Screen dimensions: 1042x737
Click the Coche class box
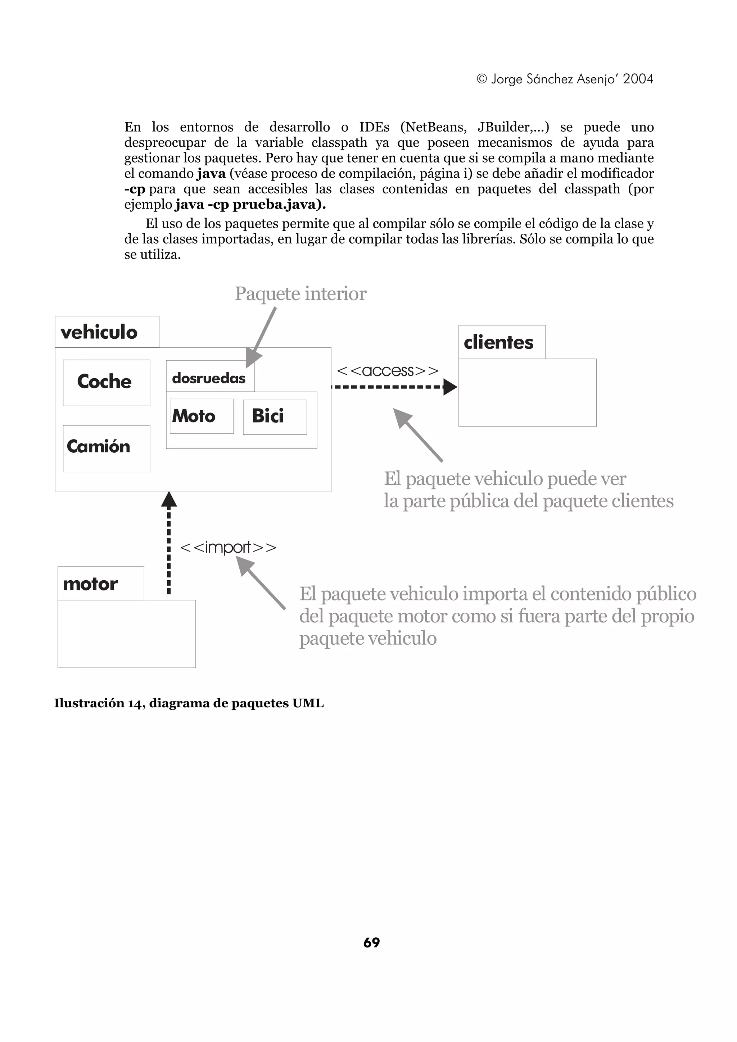(106, 383)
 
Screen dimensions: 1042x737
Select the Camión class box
(106, 448)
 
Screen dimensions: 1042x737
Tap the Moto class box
(201, 416)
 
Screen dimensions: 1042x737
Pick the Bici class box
(274, 417)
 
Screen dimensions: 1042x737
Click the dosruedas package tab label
(209, 378)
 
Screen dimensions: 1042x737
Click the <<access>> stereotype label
(387, 371)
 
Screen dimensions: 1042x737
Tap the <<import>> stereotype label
(228, 547)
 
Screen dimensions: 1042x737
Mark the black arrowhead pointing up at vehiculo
(169, 499)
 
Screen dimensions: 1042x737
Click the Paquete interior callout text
(300, 294)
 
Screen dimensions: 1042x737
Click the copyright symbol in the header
(482, 79)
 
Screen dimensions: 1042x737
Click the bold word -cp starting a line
(135, 189)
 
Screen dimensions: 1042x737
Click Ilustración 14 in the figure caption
(99, 703)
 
